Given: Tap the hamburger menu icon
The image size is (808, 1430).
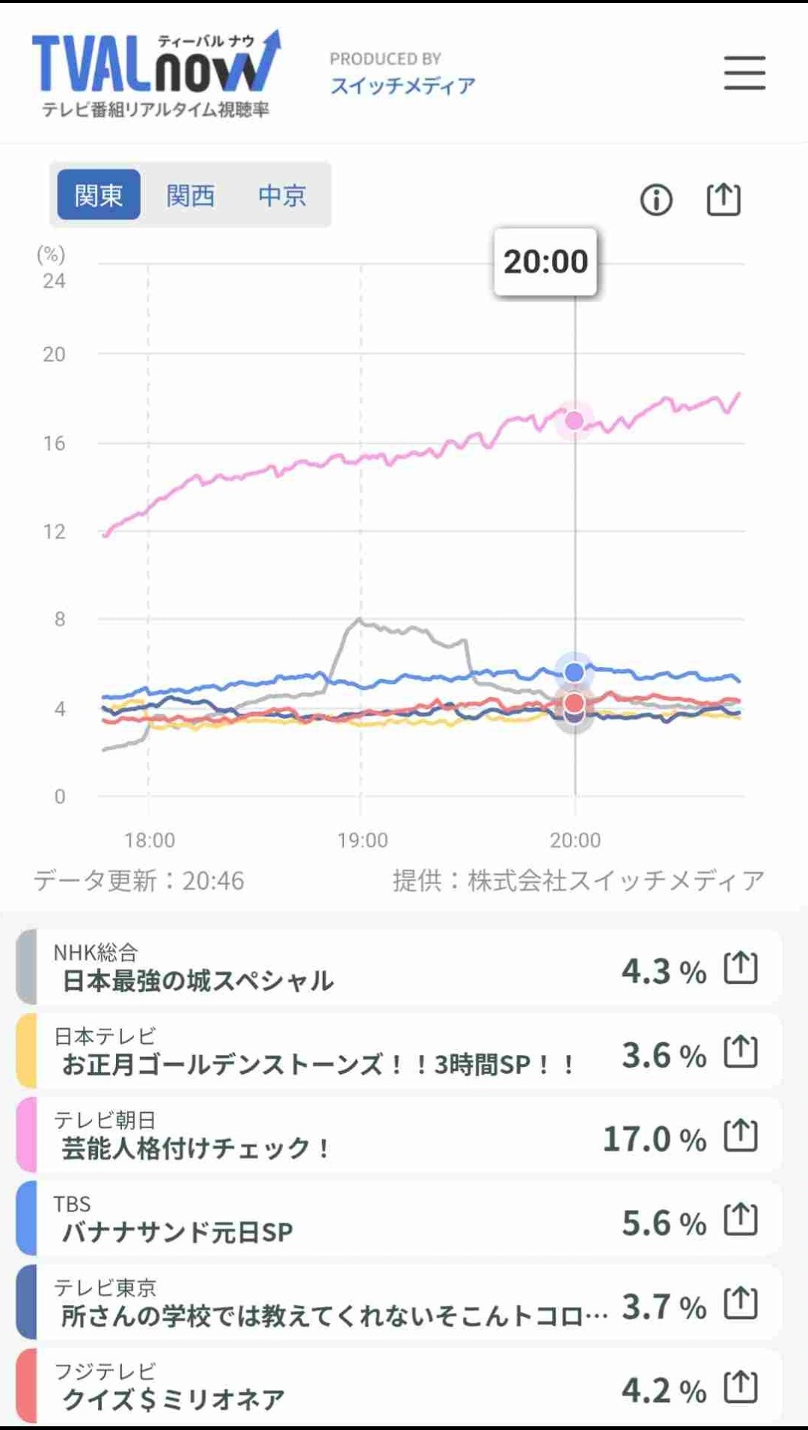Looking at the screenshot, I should pos(744,73).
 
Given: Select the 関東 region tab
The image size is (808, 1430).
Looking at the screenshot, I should pos(99,195).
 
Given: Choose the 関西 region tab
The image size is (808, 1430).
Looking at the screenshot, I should pos(191,195).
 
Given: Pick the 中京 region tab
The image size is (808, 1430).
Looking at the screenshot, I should pos(282,195).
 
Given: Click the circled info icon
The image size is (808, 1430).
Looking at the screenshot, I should pos(656,200).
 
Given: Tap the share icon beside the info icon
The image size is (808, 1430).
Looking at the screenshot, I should pos(723,200).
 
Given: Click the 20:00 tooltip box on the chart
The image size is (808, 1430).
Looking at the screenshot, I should pos(545,262).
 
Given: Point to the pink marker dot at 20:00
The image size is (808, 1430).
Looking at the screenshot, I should pos(574,421).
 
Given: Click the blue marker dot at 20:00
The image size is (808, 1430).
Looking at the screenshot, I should pos(574,672).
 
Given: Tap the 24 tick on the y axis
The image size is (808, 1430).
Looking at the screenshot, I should pos(54,282).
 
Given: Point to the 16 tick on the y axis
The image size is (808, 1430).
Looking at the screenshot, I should pos(54,443).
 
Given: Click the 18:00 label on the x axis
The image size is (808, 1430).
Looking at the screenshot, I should pos(150,840).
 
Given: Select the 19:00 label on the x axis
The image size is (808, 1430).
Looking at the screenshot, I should pos(363,840).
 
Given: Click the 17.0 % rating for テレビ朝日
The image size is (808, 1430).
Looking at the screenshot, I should pos(654,1140).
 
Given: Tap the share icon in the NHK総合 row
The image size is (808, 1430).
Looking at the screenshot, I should pos(741,968).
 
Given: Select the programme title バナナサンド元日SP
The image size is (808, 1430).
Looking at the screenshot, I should pos(177,1232).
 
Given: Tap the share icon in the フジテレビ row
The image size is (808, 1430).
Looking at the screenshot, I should pos(741,1387).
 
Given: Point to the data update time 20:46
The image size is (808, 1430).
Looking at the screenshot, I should pos(213,880).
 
